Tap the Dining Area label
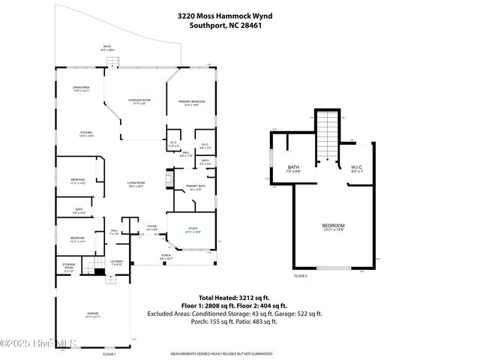(x=82, y=89)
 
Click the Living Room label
(x=135, y=184)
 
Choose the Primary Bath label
(x=196, y=187)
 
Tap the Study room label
(x=193, y=231)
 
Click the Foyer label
(x=151, y=227)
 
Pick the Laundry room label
(x=116, y=263)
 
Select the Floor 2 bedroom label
(x=333, y=227)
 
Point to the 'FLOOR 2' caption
(x=300, y=276)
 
